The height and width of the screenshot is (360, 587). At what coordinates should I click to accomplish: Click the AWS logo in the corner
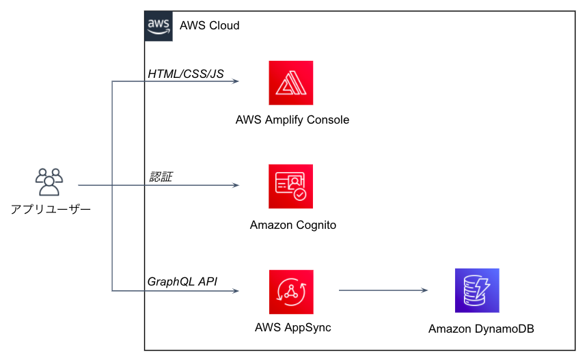(x=159, y=26)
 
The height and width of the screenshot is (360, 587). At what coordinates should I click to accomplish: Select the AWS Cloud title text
(x=209, y=26)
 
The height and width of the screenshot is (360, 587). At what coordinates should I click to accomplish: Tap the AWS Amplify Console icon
(x=291, y=83)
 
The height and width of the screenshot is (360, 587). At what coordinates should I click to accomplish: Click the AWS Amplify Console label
(x=292, y=120)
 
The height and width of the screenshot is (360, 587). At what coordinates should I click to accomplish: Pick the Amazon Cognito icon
(x=291, y=186)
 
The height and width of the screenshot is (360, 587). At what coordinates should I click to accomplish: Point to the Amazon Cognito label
(x=292, y=225)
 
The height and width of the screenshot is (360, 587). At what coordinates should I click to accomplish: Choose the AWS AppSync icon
(x=291, y=292)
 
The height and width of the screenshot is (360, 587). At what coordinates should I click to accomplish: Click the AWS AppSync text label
(x=292, y=327)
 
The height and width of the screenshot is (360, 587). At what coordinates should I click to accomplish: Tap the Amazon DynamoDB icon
(x=477, y=290)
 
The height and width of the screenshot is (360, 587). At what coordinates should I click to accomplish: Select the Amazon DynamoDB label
(x=481, y=329)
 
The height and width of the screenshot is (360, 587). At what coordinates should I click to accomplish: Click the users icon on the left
(x=49, y=182)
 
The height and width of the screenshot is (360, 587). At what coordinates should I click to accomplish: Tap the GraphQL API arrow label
(x=182, y=281)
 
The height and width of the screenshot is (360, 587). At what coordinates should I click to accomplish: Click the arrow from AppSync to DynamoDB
(x=383, y=291)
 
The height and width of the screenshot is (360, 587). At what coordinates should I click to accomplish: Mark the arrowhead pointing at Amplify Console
(x=235, y=82)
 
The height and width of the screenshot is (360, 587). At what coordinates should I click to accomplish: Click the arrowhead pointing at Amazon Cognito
(x=235, y=186)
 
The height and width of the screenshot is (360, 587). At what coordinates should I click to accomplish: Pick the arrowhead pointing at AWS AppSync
(x=235, y=292)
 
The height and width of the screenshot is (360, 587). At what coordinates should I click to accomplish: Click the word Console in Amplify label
(x=327, y=120)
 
